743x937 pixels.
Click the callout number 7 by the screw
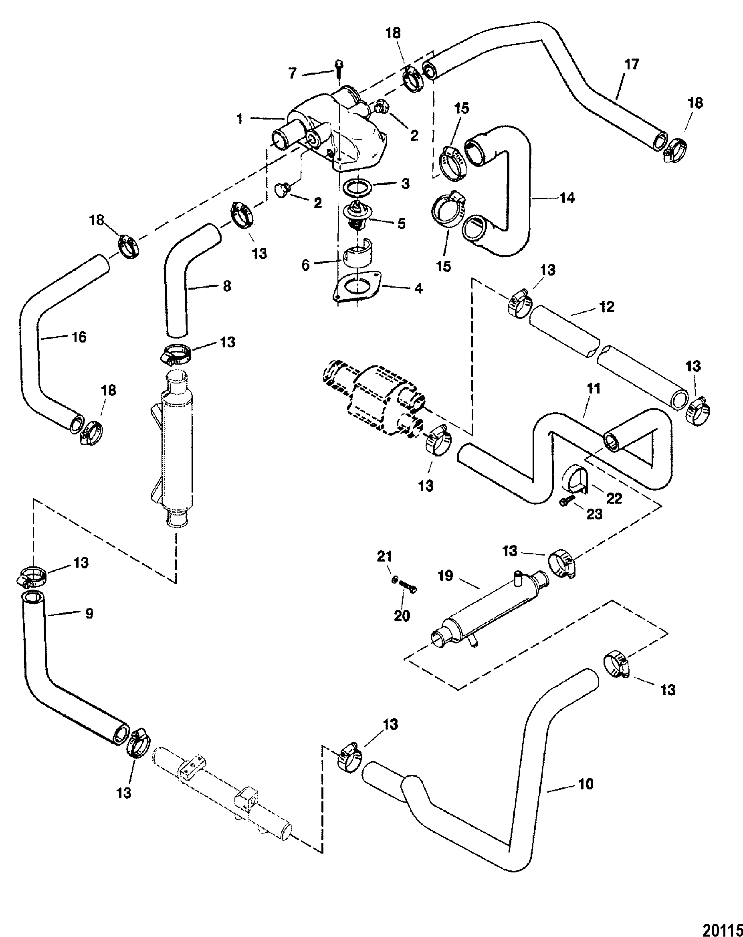(293, 73)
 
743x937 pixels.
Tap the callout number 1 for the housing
(240, 118)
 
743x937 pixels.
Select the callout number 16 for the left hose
(79, 337)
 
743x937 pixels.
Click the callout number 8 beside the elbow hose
(227, 286)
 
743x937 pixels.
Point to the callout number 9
(89, 613)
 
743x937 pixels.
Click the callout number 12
(607, 307)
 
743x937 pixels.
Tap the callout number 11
(594, 389)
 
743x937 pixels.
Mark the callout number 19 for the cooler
(446, 576)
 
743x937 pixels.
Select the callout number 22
(614, 498)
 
